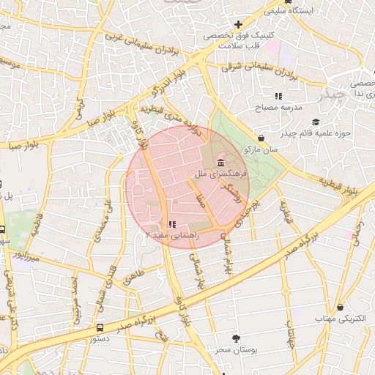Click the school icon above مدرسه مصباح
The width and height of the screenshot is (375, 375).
point(278,96)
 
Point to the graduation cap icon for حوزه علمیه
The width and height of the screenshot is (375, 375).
point(316,122)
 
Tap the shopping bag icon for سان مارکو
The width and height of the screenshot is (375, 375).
point(261,137)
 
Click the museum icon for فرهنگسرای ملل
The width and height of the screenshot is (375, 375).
point(220,160)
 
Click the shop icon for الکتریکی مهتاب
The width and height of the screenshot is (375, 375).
point(340,307)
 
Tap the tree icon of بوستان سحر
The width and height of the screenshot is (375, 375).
point(236,338)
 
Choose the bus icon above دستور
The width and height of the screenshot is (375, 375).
point(100,328)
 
